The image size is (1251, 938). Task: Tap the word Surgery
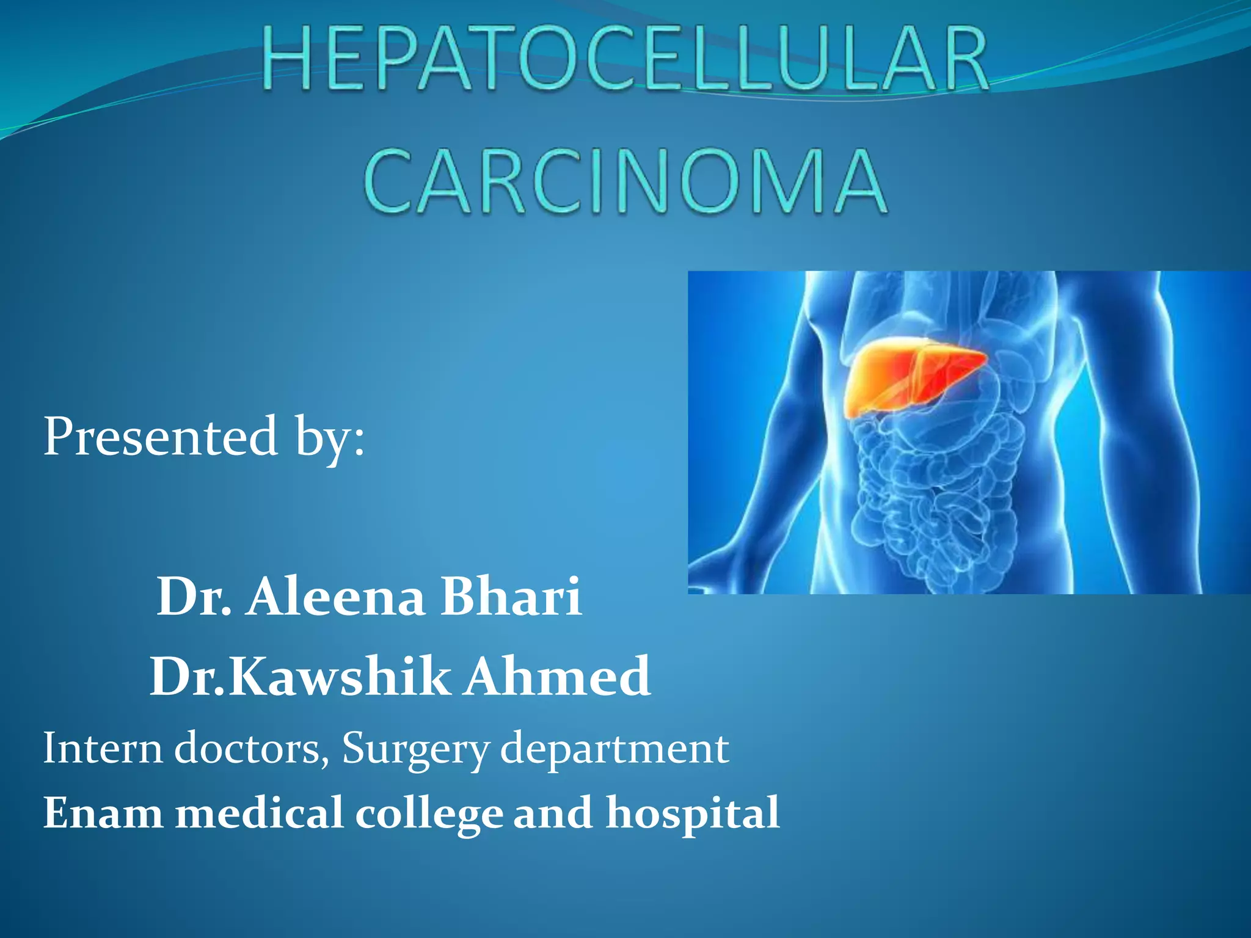pyautogui.click(x=415, y=749)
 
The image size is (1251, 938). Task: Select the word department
pyautogui.click(x=615, y=749)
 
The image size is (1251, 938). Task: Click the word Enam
pyautogui.click(x=102, y=813)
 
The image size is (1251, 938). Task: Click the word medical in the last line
pyautogui.click(x=259, y=813)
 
